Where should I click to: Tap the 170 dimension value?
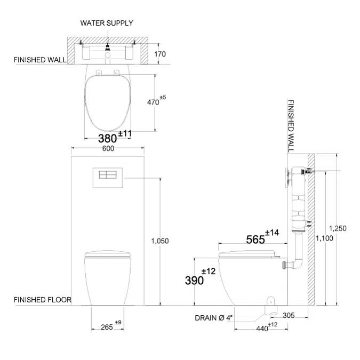coord(160,54)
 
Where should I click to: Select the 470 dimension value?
coord(154,102)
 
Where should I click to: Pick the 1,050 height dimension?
coord(160,241)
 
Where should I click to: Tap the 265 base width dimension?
coord(106,327)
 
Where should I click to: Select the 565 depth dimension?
coord(255,239)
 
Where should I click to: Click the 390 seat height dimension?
coord(194,281)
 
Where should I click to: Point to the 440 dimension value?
coord(262,329)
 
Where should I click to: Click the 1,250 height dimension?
coord(338,228)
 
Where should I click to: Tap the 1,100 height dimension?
coord(324,238)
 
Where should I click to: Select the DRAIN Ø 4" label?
coord(213,318)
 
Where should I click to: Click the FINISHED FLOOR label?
coord(42,300)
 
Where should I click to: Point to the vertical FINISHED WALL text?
coord(291,126)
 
